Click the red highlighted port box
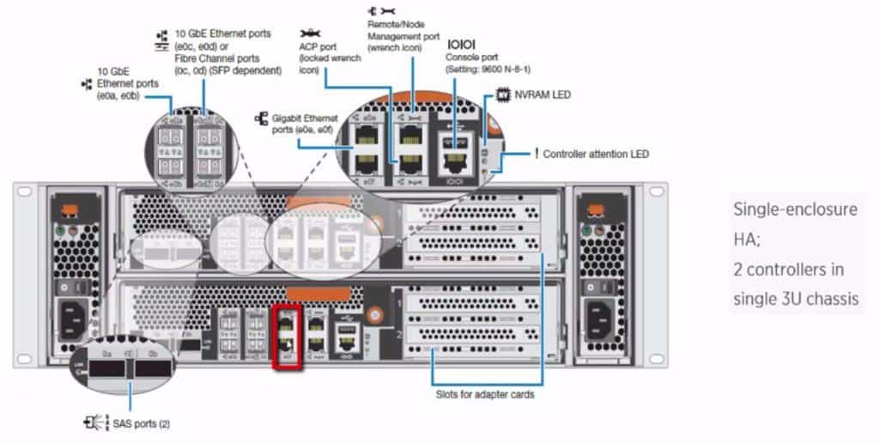pyautogui.click(x=287, y=337)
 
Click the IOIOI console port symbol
pyautogui.click(x=461, y=43)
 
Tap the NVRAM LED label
pyautogui.click(x=542, y=94)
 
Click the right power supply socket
pyautogui.click(x=606, y=322)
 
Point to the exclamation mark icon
pyautogui.click(x=536, y=154)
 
